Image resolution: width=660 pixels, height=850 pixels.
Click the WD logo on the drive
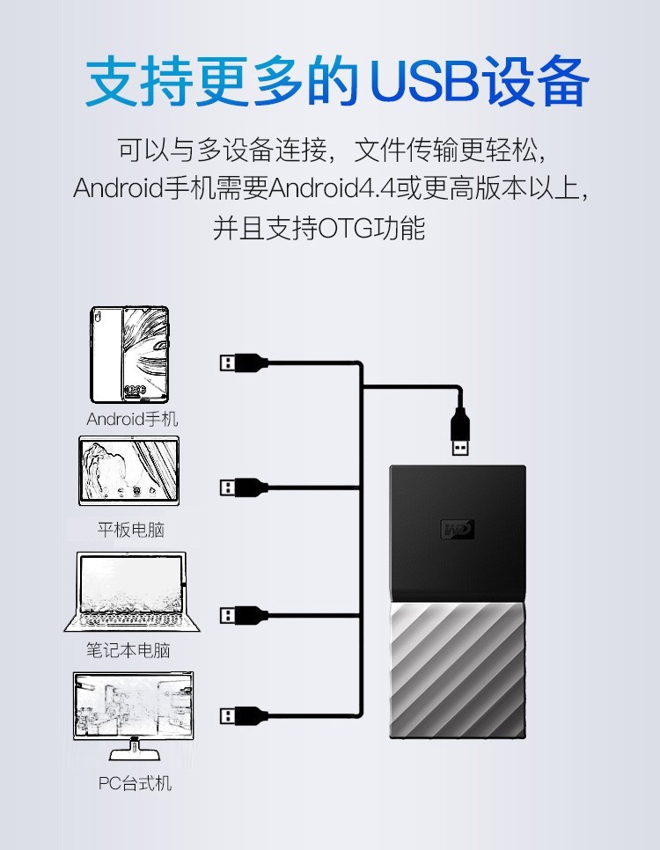(x=458, y=529)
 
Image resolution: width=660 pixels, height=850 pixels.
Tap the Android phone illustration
(x=129, y=355)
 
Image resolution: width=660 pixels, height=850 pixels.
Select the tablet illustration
(x=129, y=471)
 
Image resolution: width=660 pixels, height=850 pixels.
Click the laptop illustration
(x=132, y=592)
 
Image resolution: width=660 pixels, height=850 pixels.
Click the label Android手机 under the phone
(x=132, y=419)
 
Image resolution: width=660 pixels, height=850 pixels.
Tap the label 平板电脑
(x=131, y=530)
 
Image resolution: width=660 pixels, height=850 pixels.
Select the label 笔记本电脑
(x=128, y=650)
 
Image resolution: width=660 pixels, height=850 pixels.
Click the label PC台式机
(x=135, y=783)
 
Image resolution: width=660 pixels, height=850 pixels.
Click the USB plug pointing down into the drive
(x=460, y=431)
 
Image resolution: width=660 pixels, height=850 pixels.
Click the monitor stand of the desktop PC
(x=135, y=751)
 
